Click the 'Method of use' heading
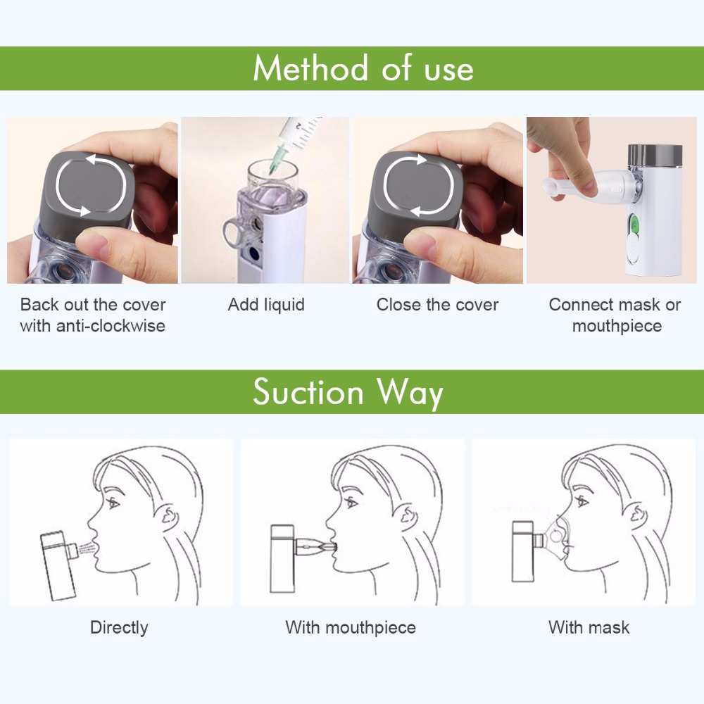click(363, 68)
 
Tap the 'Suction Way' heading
click(348, 392)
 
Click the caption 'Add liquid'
click(266, 304)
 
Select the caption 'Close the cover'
click(437, 304)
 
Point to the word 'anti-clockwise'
click(111, 325)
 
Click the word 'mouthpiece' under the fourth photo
click(617, 327)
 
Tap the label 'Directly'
click(119, 628)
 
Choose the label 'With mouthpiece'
click(351, 628)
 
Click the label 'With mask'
click(589, 627)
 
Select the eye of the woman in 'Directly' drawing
click(113, 503)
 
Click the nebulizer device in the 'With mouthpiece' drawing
click(283, 558)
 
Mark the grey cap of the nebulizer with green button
click(655, 155)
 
